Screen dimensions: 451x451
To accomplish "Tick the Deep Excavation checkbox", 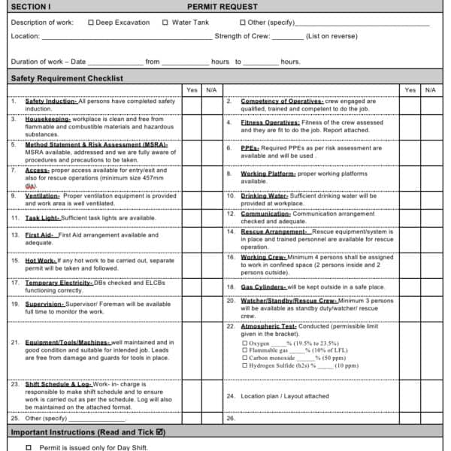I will tap(91, 23).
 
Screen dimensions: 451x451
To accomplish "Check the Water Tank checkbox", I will tap(165, 23).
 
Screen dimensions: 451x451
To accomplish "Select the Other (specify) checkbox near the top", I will tap(242, 23).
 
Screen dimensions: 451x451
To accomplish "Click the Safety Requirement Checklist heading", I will tap(67, 78).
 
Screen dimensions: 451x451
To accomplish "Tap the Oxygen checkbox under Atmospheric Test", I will tap(244, 344).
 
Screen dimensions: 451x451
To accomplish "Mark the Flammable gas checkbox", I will tap(244, 351).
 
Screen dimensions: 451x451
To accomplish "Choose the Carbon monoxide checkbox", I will tap(244, 359).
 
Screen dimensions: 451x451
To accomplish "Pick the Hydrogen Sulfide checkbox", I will tap(244, 366).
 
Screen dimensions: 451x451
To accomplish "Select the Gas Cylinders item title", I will tap(263, 287).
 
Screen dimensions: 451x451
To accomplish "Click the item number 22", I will tap(231, 327).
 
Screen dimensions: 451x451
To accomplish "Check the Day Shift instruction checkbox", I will tap(29, 447).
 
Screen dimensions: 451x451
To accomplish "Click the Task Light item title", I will tap(43, 218).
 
